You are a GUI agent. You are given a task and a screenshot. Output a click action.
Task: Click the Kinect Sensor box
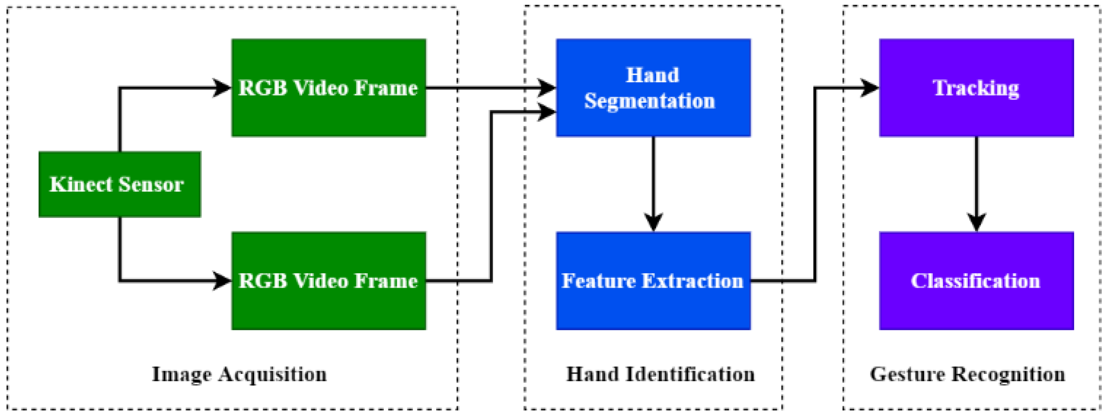pyautogui.click(x=119, y=184)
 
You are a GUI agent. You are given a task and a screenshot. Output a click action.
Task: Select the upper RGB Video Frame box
pyautogui.click(x=328, y=88)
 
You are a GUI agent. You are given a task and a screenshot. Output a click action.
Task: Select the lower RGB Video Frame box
pyautogui.click(x=328, y=281)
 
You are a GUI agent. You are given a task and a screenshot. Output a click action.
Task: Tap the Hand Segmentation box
pyautogui.click(x=653, y=88)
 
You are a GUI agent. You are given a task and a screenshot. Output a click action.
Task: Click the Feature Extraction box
pyautogui.click(x=653, y=281)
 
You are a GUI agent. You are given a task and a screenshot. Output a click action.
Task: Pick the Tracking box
pyautogui.click(x=976, y=88)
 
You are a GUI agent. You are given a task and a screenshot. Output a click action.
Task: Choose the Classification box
pyautogui.click(x=976, y=281)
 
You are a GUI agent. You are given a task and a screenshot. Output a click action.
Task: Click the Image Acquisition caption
pyautogui.click(x=239, y=374)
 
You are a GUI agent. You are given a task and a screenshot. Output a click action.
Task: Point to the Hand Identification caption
pyautogui.click(x=660, y=374)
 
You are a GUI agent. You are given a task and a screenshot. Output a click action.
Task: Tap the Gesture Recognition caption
pyautogui.click(x=968, y=374)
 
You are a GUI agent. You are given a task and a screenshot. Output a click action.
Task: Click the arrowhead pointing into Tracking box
pyautogui.click(x=870, y=88)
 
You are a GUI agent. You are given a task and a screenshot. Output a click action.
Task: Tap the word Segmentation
pyautogui.click(x=649, y=101)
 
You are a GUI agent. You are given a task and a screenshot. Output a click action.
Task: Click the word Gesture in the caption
pyautogui.click(x=907, y=374)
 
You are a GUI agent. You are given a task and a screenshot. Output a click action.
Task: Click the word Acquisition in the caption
pyautogui.click(x=272, y=374)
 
